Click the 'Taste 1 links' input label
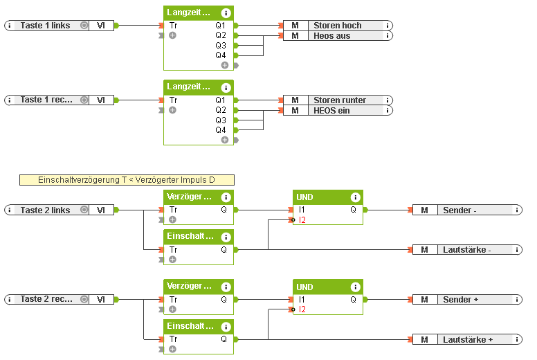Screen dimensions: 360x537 pyautogui.click(x=45, y=25)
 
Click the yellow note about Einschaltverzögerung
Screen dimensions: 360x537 pyautogui.click(x=127, y=180)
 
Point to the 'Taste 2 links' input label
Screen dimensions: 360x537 pyautogui.click(x=45, y=210)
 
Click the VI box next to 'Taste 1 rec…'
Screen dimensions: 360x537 pyautogui.click(x=101, y=100)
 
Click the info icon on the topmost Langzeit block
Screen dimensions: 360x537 pyautogui.click(x=226, y=12)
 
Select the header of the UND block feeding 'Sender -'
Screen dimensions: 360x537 pyautogui.click(x=320, y=197)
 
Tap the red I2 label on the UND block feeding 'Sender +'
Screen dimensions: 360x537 pyautogui.click(x=302, y=309)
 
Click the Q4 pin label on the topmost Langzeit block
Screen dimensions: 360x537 pyautogui.click(x=220, y=55)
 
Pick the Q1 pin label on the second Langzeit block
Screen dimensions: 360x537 pyautogui.click(x=220, y=100)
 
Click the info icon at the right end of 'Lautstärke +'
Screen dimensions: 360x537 pyautogui.click(x=518, y=339)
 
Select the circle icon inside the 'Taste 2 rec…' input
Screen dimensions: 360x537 pyautogui.click(x=84, y=299)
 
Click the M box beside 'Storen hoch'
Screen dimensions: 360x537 pyautogui.click(x=295, y=25)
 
